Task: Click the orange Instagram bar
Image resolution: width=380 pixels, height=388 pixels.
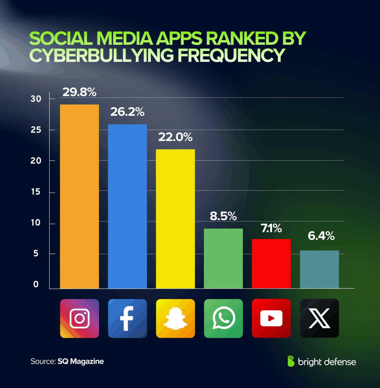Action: click(x=79, y=196)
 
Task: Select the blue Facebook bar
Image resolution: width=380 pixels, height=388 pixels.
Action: click(x=127, y=206)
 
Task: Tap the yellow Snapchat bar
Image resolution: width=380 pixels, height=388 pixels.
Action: click(x=175, y=219)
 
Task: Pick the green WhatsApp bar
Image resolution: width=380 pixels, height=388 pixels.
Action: click(x=223, y=258)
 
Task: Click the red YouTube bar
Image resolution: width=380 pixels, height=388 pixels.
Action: click(x=271, y=263)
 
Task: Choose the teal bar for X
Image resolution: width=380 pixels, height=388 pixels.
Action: click(x=319, y=269)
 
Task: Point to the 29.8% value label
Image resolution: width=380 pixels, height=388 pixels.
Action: click(x=79, y=92)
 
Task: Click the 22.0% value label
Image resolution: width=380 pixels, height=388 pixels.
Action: click(x=175, y=137)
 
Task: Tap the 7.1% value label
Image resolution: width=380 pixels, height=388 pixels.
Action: click(x=271, y=228)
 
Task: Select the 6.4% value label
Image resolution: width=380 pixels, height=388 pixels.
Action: click(x=321, y=236)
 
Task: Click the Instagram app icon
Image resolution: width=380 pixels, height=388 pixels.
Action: click(x=80, y=318)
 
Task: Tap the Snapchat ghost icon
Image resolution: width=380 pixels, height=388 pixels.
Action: click(x=175, y=318)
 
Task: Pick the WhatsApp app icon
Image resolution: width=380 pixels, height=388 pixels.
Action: click(x=223, y=318)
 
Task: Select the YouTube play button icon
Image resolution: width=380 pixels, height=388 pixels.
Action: click(x=271, y=318)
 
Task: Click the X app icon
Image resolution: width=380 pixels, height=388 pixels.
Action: click(x=319, y=318)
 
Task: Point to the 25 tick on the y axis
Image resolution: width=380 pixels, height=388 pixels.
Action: click(x=36, y=130)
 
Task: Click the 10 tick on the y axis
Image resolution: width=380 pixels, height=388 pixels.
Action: click(x=36, y=223)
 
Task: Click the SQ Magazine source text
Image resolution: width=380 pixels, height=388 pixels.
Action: click(x=81, y=361)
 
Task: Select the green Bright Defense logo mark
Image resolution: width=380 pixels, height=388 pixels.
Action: click(x=291, y=361)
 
